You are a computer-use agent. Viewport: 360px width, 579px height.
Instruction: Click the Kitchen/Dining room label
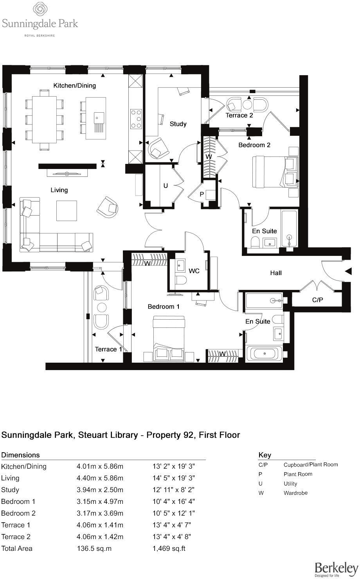tap(74, 85)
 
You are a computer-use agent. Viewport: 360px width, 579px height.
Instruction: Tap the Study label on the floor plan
tap(178, 124)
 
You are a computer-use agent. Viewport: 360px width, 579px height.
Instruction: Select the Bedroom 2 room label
tap(254, 145)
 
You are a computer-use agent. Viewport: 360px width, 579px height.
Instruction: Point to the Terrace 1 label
tap(108, 349)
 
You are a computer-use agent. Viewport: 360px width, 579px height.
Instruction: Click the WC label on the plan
tap(194, 271)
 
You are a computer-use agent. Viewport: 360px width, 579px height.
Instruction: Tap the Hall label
tap(276, 273)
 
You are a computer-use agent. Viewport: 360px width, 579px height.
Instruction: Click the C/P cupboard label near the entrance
tap(317, 300)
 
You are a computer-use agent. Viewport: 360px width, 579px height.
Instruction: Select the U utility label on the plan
tap(166, 186)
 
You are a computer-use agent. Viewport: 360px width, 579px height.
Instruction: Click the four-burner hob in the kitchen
tap(136, 119)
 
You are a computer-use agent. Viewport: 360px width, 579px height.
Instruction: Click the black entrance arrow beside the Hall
tap(348, 271)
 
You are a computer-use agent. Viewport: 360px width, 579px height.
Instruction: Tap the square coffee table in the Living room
tap(67, 210)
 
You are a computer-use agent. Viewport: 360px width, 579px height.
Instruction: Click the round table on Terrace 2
tap(247, 105)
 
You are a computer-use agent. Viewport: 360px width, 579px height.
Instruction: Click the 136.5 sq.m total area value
tap(94, 548)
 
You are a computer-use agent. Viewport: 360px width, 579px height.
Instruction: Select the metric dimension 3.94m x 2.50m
tap(100, 490)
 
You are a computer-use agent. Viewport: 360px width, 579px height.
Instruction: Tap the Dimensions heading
tap(20, 455)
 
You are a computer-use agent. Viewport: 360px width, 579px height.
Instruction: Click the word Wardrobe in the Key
tap(295, 493)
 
